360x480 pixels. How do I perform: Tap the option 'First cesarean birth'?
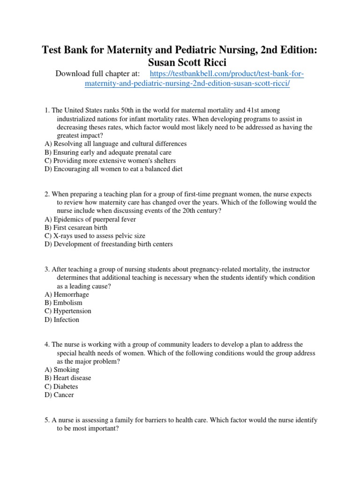(77, 227)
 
